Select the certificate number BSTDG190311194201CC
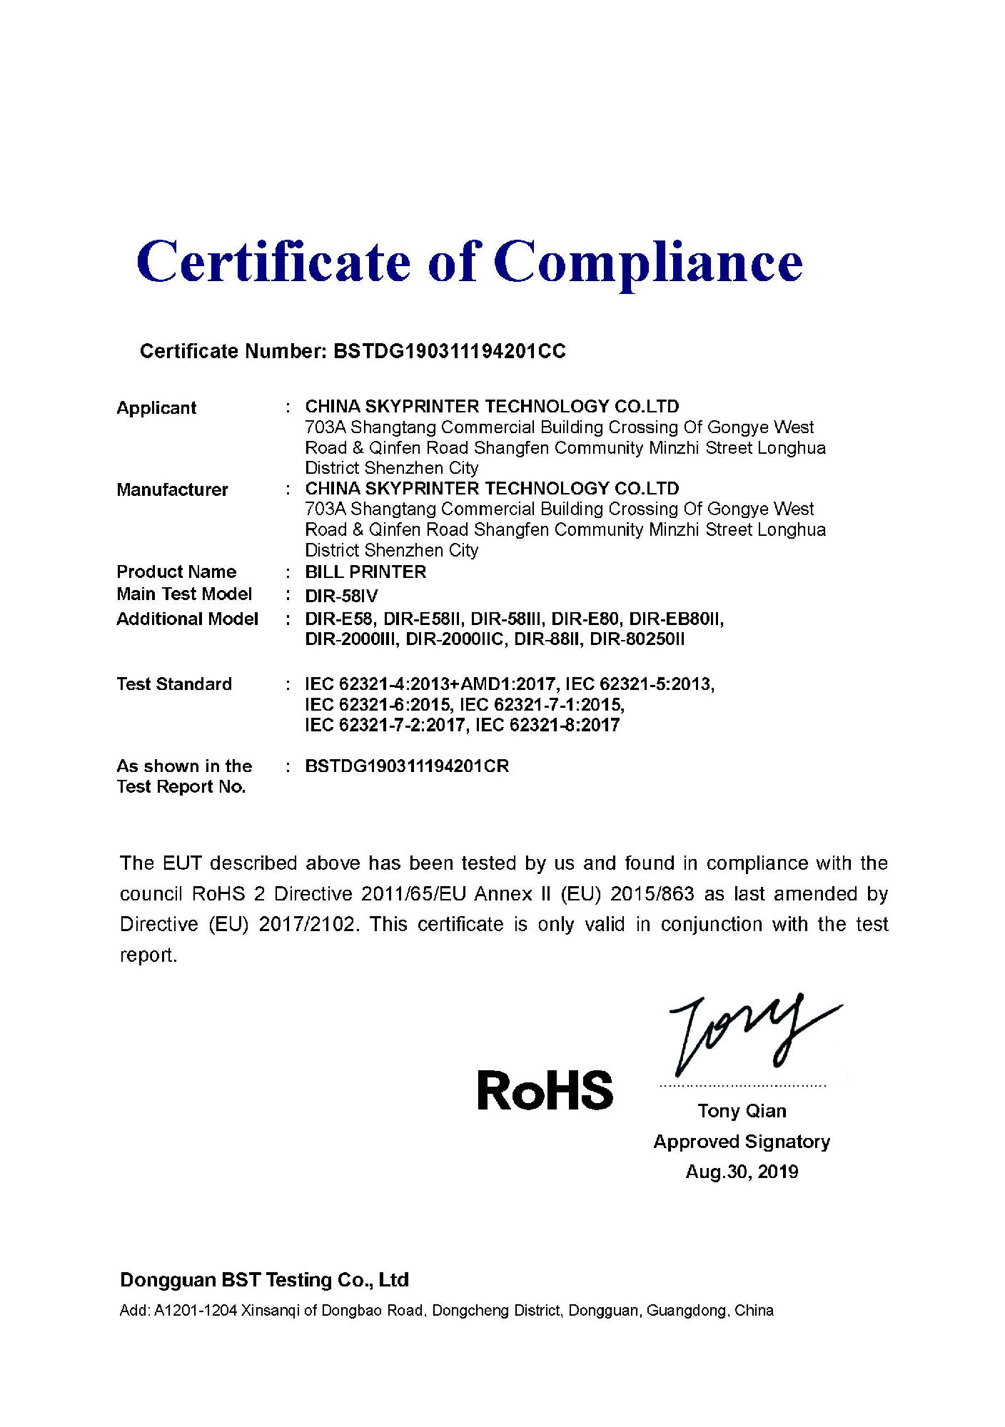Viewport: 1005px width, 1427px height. (450, 351)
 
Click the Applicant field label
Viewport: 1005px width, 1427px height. (156, 408)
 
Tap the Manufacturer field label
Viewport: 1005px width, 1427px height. (172, 489)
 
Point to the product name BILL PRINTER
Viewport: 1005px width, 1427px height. (365, 572)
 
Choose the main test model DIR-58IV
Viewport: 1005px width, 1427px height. (341, 596)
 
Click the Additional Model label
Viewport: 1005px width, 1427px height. (187, 619)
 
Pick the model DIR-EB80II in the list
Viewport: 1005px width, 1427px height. (675, 619)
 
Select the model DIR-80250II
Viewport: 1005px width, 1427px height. (637, 639)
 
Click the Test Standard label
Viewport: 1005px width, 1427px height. (174, 684)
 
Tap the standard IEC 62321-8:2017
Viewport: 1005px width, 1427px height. (547, 726)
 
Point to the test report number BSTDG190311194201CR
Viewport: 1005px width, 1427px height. (407, 766)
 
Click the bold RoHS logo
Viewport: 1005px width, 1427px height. (545, 1091)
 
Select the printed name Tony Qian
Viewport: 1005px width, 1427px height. (742, 1111)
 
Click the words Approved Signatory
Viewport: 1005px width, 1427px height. (742, 1142)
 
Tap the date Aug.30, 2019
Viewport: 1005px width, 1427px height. (742, 1172)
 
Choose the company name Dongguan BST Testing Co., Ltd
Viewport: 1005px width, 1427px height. (264, 1280)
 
